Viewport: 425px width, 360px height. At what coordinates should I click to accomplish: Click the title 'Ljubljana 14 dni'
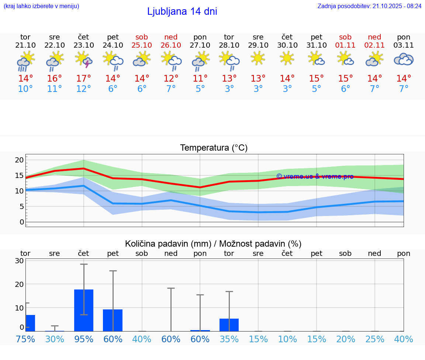(x=182, y=11)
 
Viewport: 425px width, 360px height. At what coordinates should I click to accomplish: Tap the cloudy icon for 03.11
(x=404, y=59)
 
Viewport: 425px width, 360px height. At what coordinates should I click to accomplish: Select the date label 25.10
(x=142, y=45)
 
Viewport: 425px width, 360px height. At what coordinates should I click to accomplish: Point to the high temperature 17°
(x=84, y=79)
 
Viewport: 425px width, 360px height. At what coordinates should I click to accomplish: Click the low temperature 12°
(x=84, y=89)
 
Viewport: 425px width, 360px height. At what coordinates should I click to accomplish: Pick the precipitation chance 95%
(x=84, y=339)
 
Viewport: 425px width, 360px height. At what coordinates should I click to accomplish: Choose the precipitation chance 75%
(x=25, y=339)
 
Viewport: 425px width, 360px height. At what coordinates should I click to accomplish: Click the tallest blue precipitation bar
(x=84, y=310)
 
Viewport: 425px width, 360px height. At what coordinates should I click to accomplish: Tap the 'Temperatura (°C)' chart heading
(x=214, y=148)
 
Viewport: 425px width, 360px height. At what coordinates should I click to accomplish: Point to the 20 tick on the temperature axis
(x=19, y=160)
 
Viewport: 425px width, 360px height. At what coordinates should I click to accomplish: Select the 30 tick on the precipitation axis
(x=19, y=261)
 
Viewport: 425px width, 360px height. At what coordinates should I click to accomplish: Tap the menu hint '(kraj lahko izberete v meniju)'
(x=41, y=6)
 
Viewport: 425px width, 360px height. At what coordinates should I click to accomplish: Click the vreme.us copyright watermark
(x=315, y=176)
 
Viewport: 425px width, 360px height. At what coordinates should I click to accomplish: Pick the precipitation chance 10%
(x=287, y=339)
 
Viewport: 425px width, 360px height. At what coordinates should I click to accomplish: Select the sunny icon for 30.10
(x=287, y=58)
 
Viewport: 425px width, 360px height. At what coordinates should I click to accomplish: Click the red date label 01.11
(x=345, y=45)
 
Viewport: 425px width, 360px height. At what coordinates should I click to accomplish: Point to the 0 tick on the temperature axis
(x=21, y=222)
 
